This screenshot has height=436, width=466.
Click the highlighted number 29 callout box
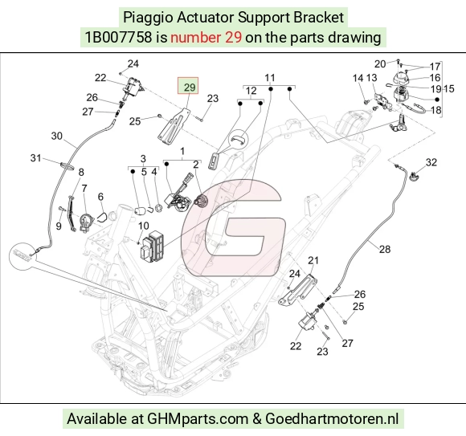(x=188, y=86)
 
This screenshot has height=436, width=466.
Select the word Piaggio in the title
(x=148, y=17)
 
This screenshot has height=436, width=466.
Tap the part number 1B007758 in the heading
(x=118, y=38)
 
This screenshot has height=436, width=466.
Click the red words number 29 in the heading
(x=206, y=38)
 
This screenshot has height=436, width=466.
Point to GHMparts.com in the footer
(x=198, y=419)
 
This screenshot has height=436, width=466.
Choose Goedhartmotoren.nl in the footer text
(x=332, y=419)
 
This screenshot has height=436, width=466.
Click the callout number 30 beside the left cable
(x=57, y=136)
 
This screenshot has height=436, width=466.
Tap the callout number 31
(x=35, y=158)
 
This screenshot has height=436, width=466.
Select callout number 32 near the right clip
(x=431, y=162)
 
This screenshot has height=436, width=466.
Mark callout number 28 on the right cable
(x=385, y=249)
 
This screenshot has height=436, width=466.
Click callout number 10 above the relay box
(x=143, y=226)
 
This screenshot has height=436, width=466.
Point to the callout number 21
(x=313, y=260)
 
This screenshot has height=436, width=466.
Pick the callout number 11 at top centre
(x=269, y=78)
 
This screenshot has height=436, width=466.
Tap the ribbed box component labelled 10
(x=152, y=247)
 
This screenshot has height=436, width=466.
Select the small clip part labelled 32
(x=414, y=177)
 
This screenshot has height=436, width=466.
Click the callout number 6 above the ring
(x=100, y=197)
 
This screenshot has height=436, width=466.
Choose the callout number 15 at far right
(x=449, y=89)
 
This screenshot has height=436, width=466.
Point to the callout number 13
(x=371, y=78)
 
